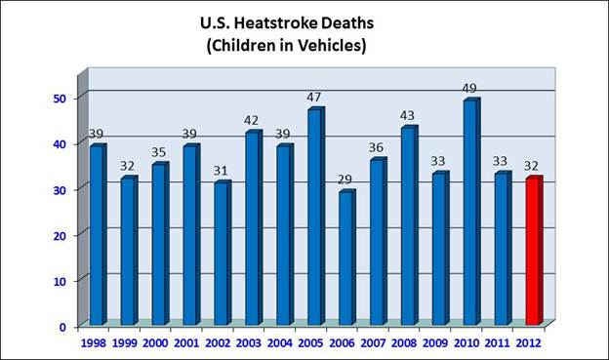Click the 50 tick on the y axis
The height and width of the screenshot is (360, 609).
click(x=60, y=98)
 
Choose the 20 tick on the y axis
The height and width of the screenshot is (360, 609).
click(x=60, y=235)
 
